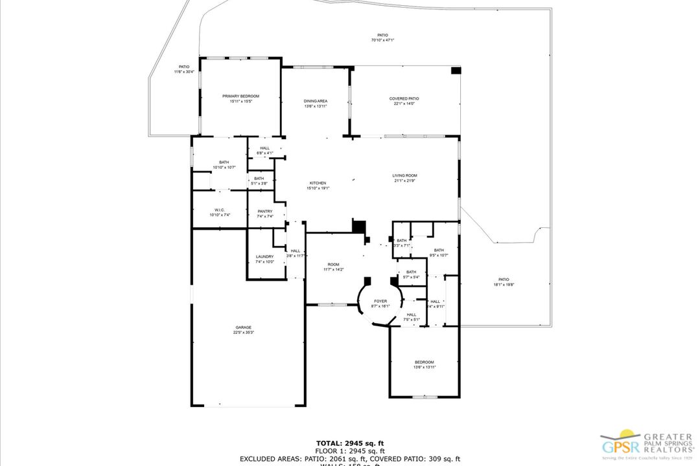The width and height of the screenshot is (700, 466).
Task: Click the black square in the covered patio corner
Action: click(456, 70)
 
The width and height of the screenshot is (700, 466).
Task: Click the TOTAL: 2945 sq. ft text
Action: click(350, 443)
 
